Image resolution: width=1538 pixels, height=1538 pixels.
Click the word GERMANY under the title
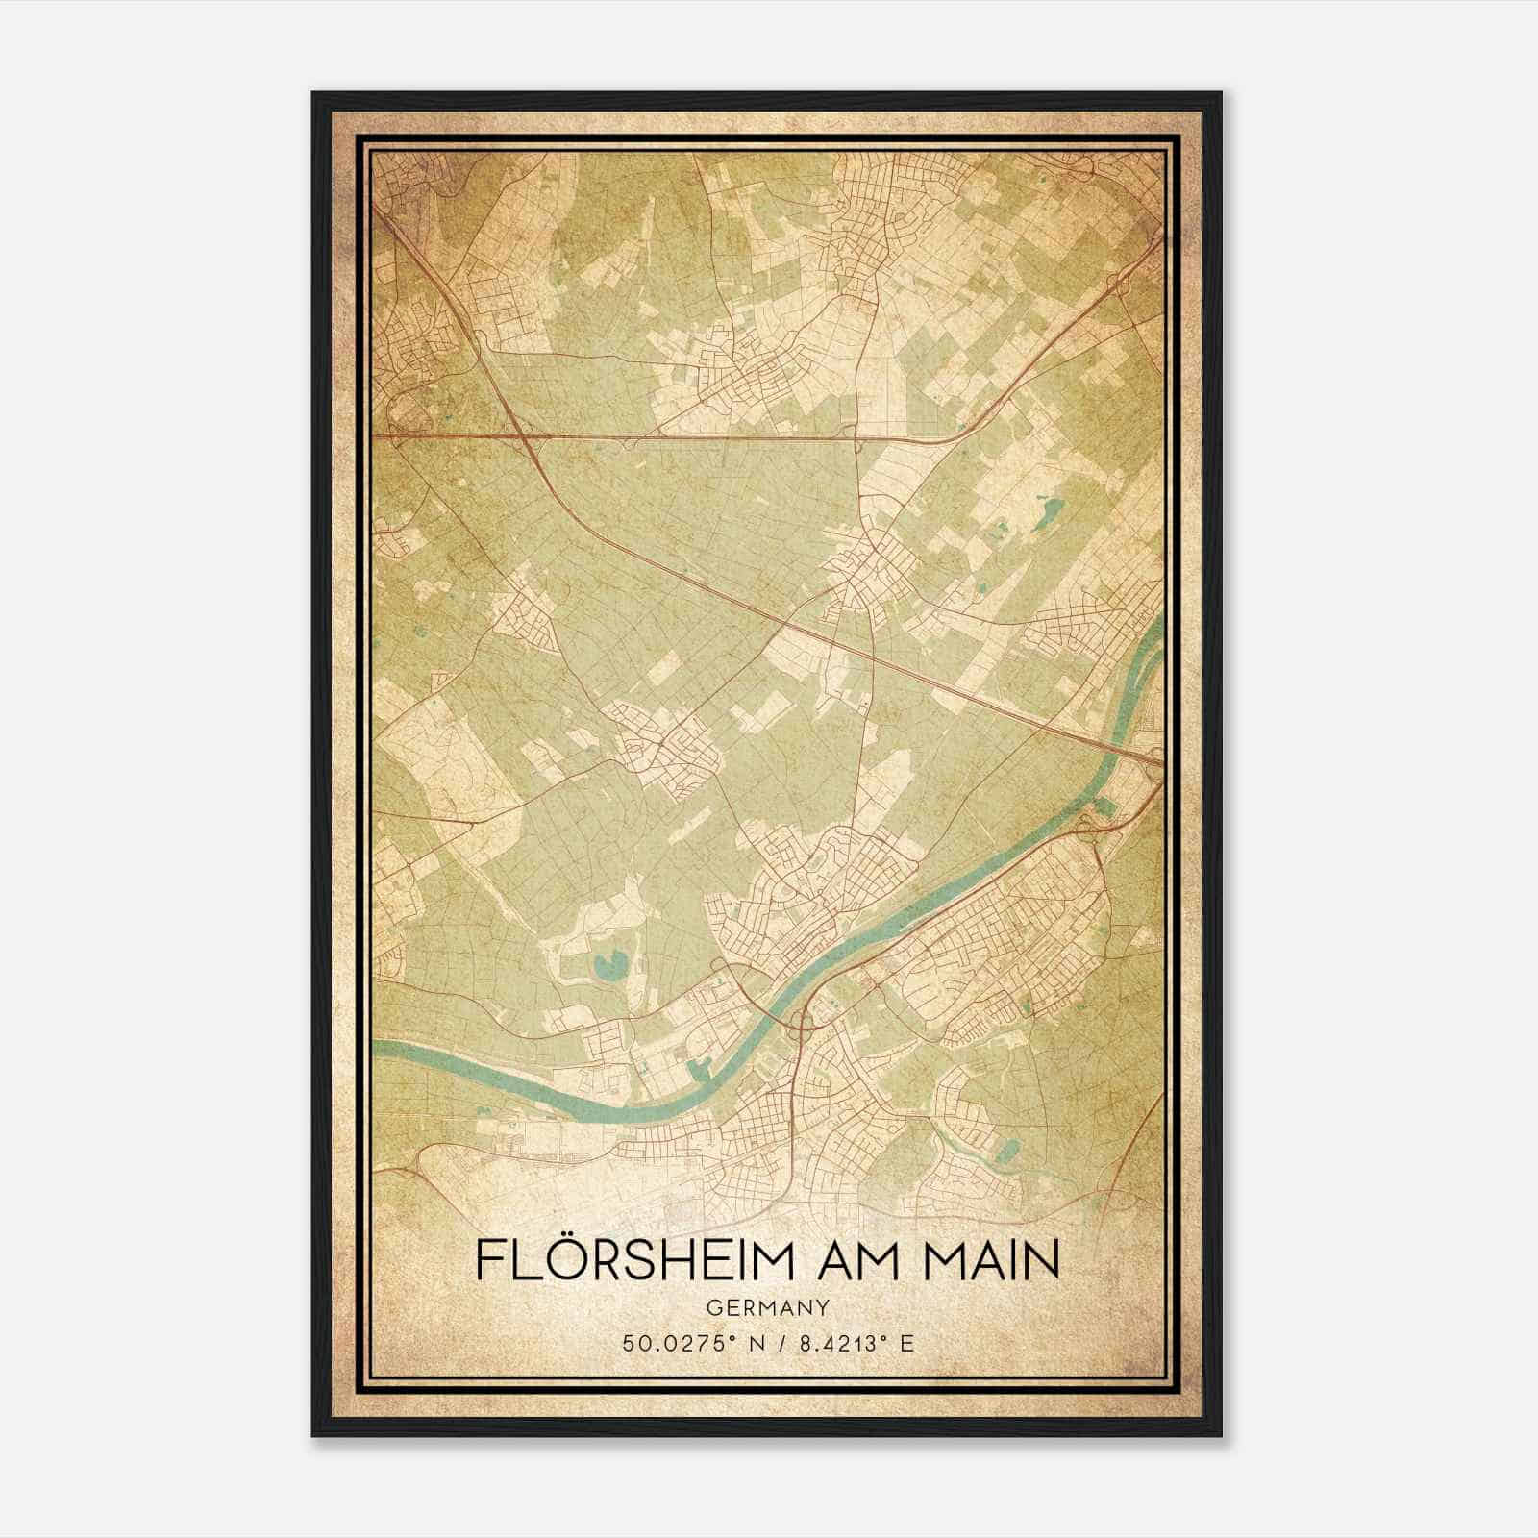(767, 1307)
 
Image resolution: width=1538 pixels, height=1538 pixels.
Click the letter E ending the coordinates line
(907, 1343)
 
